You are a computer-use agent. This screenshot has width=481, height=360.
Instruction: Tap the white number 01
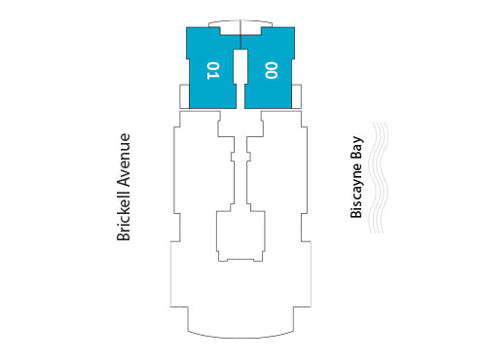pos(213,69)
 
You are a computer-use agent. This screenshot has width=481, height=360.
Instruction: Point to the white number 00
pos(271,69)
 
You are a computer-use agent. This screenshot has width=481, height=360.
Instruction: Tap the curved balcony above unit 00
pos(265,23)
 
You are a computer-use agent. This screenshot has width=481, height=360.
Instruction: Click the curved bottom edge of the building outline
pos(241,336)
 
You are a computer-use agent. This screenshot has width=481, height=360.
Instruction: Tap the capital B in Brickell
pos(123,235)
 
